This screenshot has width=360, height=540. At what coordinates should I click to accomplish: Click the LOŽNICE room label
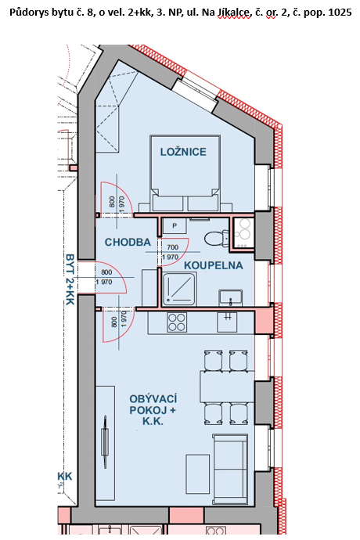coord(183,152)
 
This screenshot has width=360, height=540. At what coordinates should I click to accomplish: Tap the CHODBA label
coord(128,242)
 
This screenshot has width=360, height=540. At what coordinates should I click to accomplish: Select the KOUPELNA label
coord(214,265)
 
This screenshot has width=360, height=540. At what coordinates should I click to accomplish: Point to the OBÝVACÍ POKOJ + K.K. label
coord(153,410)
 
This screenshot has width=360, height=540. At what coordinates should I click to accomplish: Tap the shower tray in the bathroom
coord(179,289)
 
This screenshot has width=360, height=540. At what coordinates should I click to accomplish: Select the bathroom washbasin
coord(230,298)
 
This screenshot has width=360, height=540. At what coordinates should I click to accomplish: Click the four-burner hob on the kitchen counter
coord(177,322)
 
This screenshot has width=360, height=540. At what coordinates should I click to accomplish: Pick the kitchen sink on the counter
coord(228,322)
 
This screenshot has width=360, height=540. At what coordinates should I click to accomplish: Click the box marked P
coord(175,226)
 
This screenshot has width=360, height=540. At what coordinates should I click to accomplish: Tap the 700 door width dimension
coord(173,247)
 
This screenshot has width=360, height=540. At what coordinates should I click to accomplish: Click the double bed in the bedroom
coord(185,173)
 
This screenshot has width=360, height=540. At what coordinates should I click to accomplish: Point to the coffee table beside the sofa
coord(198,474)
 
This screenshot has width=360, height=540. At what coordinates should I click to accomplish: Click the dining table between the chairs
coord(228,387)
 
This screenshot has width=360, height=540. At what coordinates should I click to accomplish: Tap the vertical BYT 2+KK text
coord(70,279)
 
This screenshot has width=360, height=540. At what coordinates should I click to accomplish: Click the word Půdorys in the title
coord(24,13)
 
